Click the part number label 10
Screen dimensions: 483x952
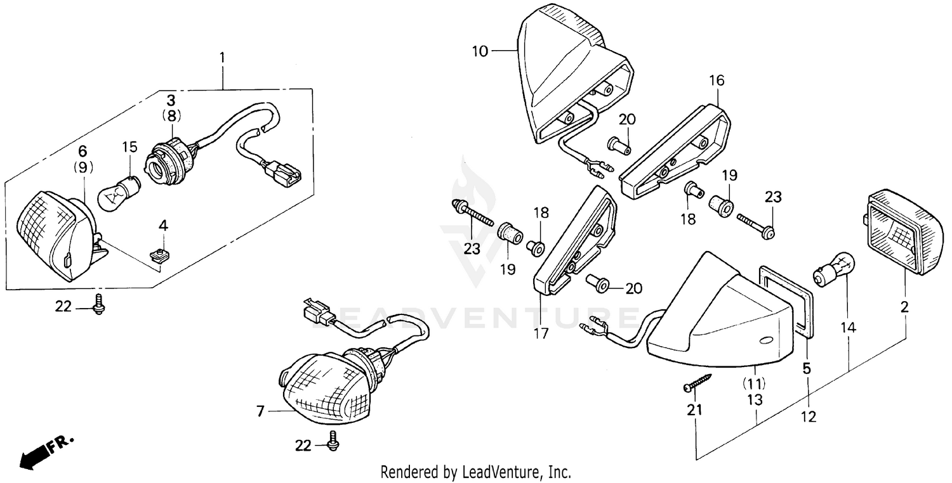(480, 51)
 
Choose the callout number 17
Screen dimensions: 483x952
(541, 333)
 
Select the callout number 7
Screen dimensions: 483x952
(260, 412)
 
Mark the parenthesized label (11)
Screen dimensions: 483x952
(754, 383)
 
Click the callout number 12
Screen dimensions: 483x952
(808, 416)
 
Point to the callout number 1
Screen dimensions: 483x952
(222, 58)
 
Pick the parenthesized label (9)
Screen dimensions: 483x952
(83, 167)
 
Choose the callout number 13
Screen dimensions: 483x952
(754, 400)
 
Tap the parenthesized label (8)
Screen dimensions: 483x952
(171, 116)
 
